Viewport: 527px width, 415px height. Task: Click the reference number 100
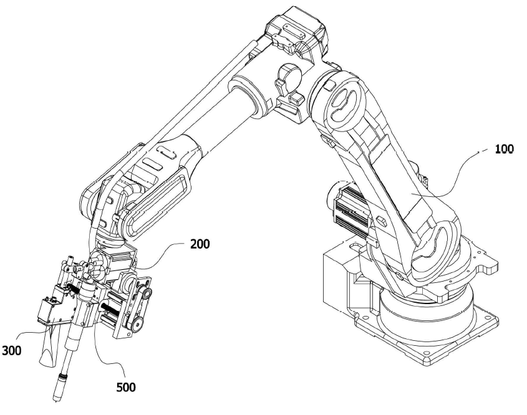point(505,149)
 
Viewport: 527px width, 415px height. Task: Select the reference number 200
point(200,244)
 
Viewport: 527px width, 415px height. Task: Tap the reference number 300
point(11,351)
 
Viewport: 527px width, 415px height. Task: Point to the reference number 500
point(126,387)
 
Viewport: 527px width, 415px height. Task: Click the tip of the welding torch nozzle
point(56,399)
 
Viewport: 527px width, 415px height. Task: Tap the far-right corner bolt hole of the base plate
point(489,317)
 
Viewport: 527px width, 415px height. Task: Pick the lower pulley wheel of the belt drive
point(137,325)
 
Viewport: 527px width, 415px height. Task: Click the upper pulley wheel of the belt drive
point(145,292)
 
